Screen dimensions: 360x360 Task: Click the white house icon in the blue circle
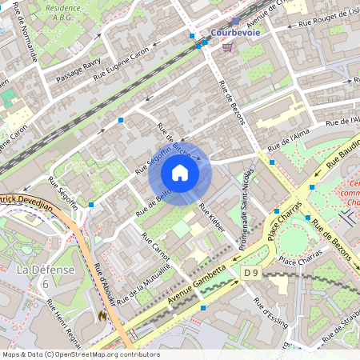(x=180, y=173)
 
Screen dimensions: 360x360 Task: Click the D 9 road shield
(x=252, y=273)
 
